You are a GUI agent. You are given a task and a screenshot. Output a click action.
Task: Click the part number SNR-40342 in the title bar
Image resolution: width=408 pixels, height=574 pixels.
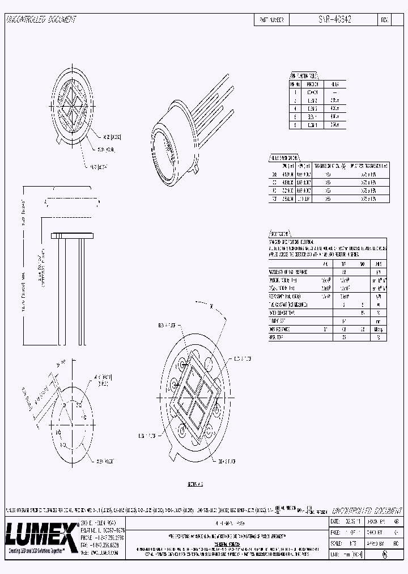click(335, 19)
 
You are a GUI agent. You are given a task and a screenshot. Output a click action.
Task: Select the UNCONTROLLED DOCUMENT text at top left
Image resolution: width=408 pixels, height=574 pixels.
click(41, 20)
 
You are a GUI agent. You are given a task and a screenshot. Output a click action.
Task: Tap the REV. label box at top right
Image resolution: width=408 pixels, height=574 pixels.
click(384, 19)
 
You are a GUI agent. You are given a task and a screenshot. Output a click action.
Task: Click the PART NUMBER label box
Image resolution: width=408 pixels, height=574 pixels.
click(272, 19)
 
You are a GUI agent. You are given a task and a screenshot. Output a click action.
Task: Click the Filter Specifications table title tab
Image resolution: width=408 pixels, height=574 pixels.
click(283, 158)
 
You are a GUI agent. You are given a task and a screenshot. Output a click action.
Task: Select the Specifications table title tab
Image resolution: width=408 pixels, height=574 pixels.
click(283, 234)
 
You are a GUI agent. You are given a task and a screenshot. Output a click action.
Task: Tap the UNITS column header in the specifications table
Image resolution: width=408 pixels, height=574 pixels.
click(378, 264)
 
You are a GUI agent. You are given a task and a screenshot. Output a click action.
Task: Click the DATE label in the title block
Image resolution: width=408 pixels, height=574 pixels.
click(336, 521)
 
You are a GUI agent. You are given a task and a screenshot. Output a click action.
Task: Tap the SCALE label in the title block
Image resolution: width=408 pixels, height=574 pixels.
click(337, 543)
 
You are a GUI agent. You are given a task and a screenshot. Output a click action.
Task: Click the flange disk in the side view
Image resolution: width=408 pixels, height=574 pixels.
click(71, 235)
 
